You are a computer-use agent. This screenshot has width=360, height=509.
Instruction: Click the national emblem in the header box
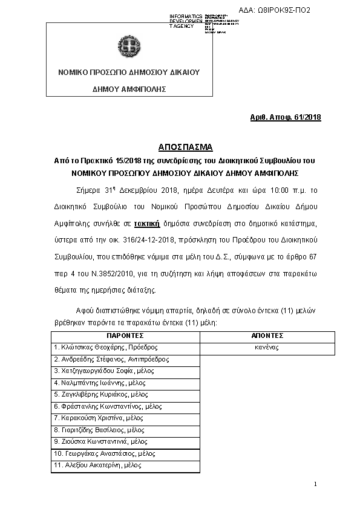129,45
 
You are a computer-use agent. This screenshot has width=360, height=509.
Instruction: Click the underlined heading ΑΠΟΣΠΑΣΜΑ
180,148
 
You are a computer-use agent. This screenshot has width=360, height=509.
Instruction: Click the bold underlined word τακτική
147,224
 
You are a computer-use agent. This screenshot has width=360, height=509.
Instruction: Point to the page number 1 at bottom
316,485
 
